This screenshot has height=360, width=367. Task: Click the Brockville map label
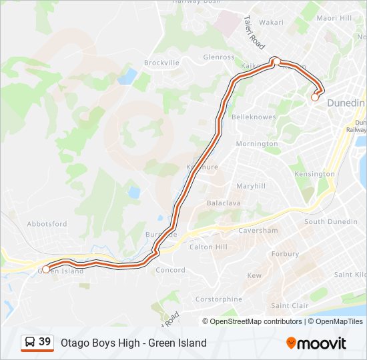(x=161, y=63)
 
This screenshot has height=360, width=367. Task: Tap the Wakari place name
(x=271, y=22)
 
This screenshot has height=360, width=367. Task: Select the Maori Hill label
(x=334, y=18)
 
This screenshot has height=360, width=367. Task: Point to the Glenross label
(x=220, y=57)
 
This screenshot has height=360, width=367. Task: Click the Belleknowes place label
(x=254, y=117)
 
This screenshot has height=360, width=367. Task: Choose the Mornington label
(x=257, y=144)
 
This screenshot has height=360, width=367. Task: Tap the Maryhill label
(x=251, y=186)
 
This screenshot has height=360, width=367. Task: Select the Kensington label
(x=314, y=174)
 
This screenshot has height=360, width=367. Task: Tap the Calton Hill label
(x=208, y=247)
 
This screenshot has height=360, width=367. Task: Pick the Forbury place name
(x=285, y=254)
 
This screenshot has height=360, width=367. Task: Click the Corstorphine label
(x=219, y=299)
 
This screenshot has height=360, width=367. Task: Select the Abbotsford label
(x=47, y=224)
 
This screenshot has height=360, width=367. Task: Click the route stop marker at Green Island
(x=46, y=269)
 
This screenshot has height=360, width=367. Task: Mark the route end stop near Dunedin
(x=315, y=97)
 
